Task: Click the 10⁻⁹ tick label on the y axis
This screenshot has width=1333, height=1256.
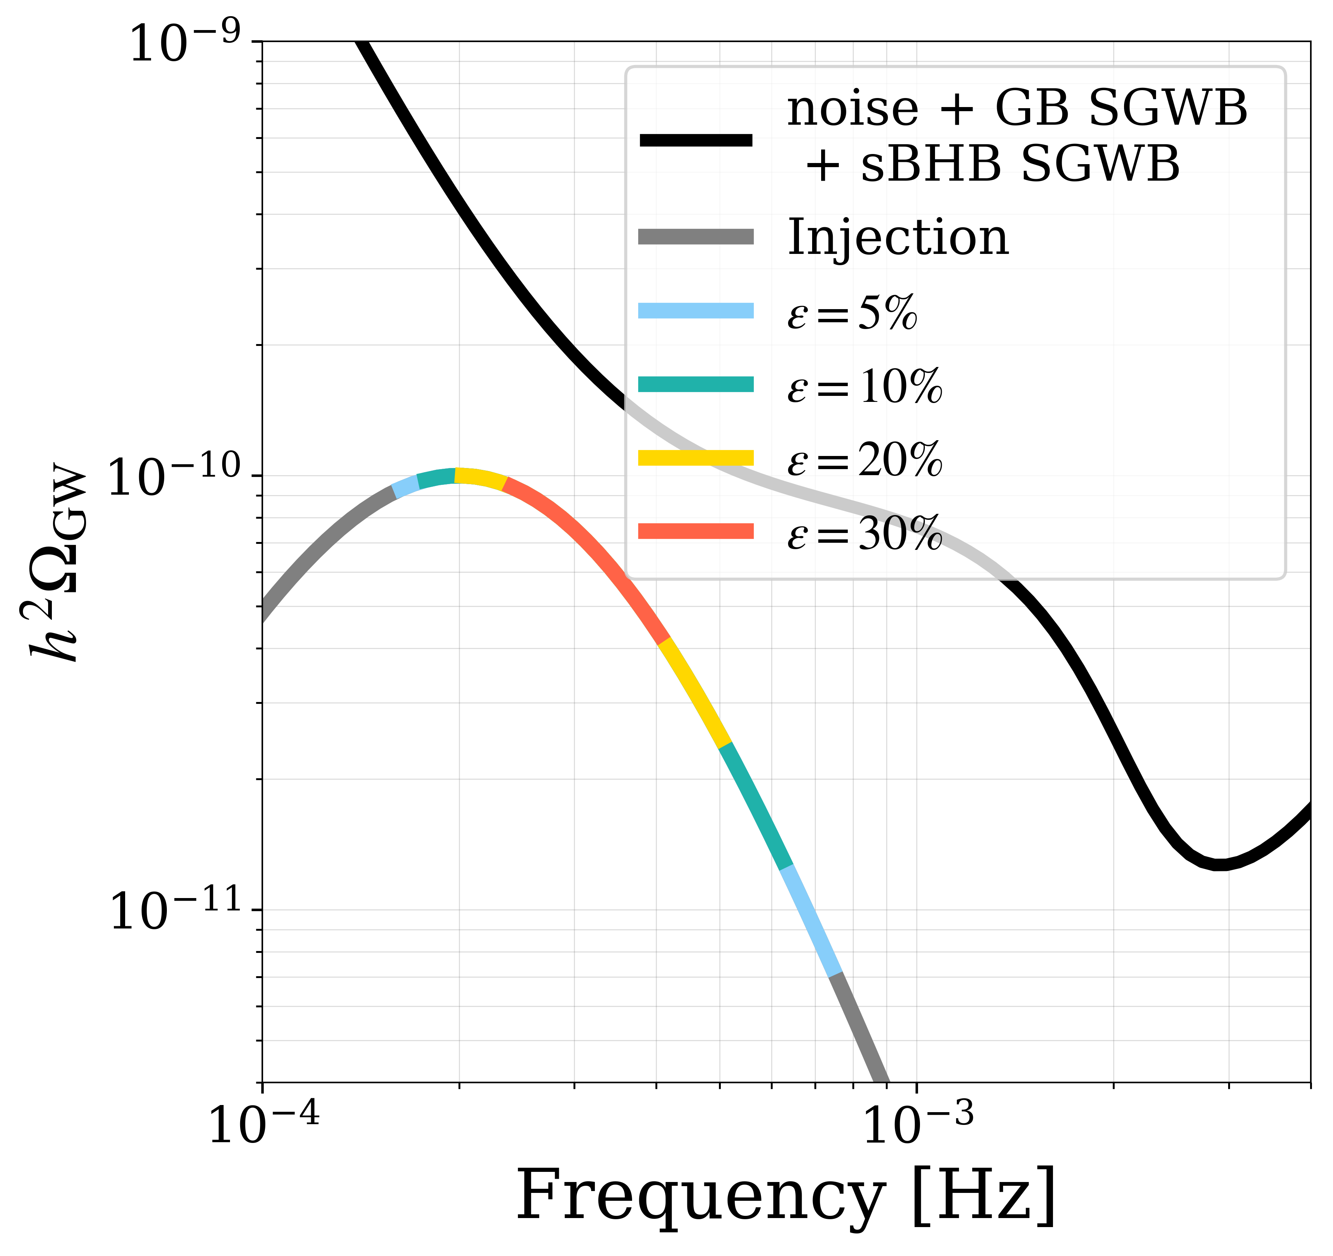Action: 185,44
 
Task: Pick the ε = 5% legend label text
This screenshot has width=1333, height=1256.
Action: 852,312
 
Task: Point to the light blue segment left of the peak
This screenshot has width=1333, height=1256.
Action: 405,487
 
